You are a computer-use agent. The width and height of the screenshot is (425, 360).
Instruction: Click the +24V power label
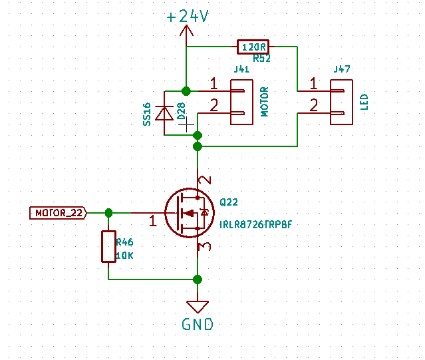pyautogui.click(x=188, y=17)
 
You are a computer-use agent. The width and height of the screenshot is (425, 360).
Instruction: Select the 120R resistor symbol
pyautogui.click(x=253, y=47)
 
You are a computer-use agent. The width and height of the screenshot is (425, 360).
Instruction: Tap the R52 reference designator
pyautogui.click(x=261, y=59)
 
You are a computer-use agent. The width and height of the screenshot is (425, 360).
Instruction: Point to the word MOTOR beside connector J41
pyautogui.click(x=264, y=101)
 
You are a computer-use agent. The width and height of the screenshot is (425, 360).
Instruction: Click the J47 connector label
pyautogui.click(x=343, y=69)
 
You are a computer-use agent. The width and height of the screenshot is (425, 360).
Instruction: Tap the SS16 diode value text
pyautogui.click(x=147, y=114)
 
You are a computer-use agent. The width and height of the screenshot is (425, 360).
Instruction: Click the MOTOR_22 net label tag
pyautogui.click(x=58, y=213)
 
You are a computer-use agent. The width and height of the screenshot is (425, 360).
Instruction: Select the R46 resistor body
pyautogui.click(x=108, y=246)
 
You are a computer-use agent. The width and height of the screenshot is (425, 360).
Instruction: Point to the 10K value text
pyautogui.click(x=126, y=255)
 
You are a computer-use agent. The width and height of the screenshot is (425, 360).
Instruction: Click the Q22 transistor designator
pyautogui.click(x=228, y=202)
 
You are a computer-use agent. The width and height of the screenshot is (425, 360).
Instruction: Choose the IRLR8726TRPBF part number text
pyautogui.click(x=255, y=226)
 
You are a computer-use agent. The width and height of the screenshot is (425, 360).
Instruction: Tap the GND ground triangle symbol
pyautogui.click(x=197, y=306)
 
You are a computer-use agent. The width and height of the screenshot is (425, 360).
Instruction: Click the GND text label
pyautogui.click(x=198, y=325)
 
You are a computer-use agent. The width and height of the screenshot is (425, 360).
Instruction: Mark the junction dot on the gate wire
pyautogui.click(x=108, y=212)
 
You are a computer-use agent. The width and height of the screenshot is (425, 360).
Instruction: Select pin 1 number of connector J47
pyautogui.click(x=313, y=84)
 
